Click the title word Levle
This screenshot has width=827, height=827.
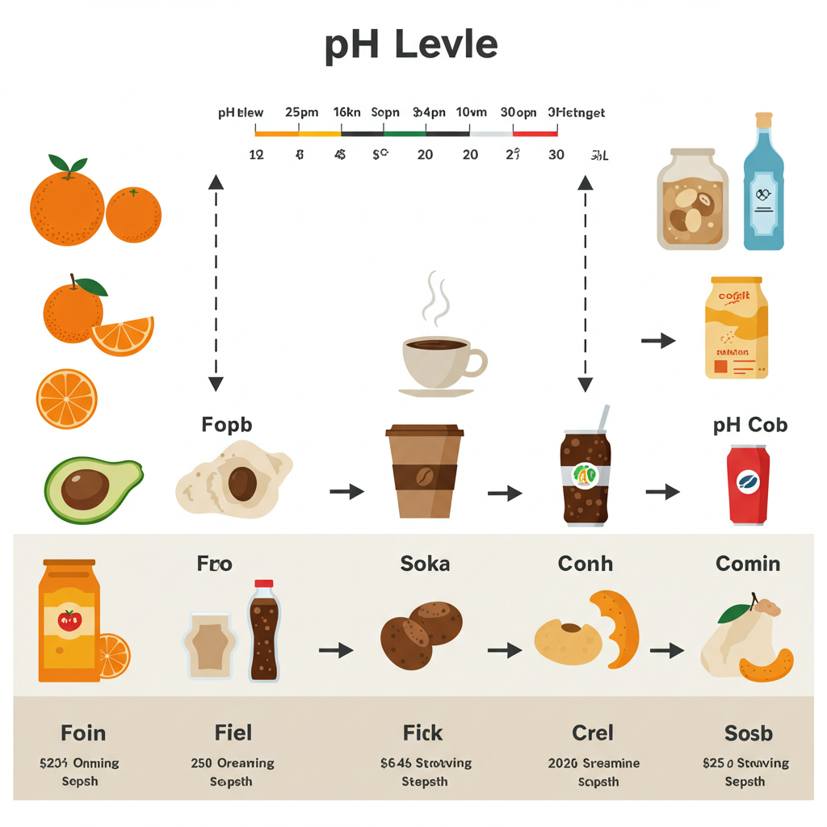[x=447, y=46]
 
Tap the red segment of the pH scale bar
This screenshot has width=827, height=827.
[x=535, y=133]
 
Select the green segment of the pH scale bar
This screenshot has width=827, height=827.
[x=404, y=133]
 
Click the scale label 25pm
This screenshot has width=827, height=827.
[x=301, y=113]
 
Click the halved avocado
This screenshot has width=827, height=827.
[x=92, y=488]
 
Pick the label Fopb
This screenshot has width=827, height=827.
[x=226, y=425]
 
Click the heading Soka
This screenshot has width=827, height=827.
[x=425, y=564]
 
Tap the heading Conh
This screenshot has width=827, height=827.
[x=585, y=564]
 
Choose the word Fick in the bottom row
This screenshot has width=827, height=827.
[x=423, y=733]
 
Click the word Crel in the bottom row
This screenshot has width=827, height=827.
[x=593, y=733]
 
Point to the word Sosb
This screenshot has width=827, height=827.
[x=748, y=733]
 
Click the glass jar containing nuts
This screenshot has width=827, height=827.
[x=692, y=199]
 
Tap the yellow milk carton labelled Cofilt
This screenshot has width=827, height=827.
[x=736, y=327]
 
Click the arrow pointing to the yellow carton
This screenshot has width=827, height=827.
[x=658, y=341]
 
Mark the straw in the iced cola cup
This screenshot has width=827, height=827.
[x=602, y=418]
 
